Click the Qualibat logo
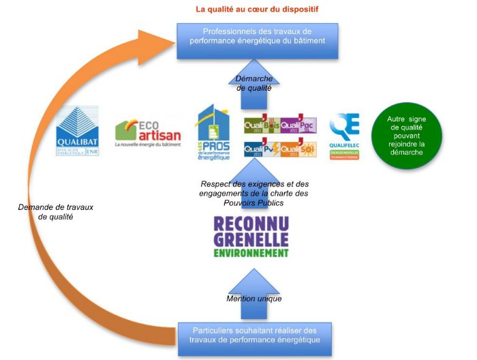[77, 132]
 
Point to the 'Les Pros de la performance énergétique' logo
[212, 133]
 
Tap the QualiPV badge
[261, 148]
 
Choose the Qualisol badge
[299, 148]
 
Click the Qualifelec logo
[344, 135]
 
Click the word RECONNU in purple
[251, 224]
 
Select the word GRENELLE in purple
[251, 239]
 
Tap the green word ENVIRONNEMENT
[251, 252]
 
